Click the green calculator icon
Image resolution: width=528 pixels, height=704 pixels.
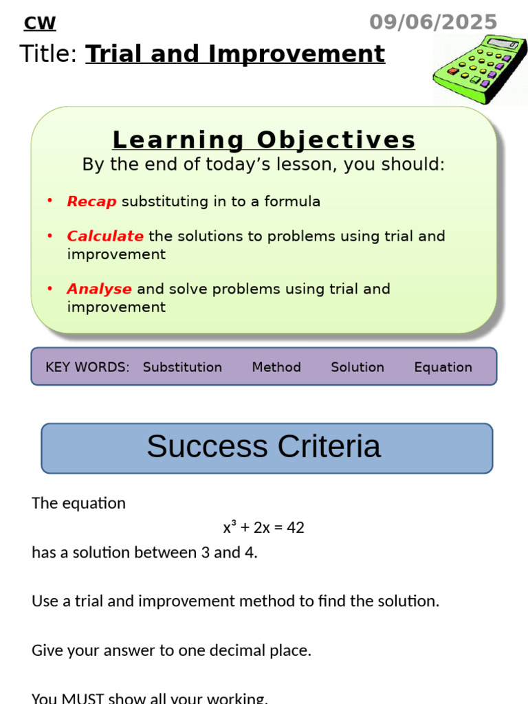(479, 70)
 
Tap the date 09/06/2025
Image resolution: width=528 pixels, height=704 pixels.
(432, 22)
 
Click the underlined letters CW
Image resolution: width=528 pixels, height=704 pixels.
(40, 23)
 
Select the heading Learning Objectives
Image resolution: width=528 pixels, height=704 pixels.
(264, 140)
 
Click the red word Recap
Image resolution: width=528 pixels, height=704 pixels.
(91, 201)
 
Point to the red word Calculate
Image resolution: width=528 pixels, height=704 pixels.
(105, 236)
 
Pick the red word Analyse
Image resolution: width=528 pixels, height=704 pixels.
(99, 289)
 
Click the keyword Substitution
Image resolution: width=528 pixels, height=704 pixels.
(182, 367)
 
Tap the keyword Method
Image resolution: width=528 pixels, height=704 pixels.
(276, 367)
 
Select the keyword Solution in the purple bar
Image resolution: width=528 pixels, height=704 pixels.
(357, 367)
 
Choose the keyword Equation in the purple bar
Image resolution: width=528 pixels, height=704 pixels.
(443, 367)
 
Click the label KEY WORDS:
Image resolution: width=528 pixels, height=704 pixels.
(87, 367)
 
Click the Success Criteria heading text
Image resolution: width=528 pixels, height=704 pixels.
(263, 446)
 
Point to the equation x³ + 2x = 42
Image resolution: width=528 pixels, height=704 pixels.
(263, 528)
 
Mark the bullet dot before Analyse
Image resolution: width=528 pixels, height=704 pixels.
(49, 288)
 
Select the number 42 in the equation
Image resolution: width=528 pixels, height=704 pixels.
(296, 528)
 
